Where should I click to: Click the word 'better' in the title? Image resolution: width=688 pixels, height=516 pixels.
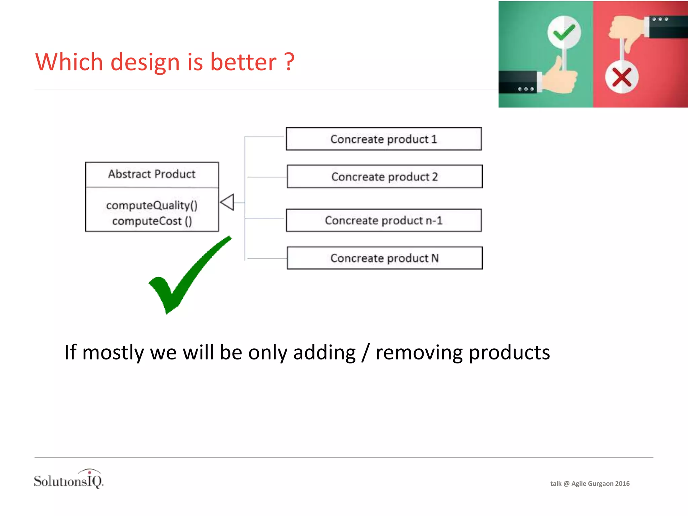tap(243, 62)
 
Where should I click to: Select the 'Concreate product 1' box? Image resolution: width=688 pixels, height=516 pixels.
tap(384, 139)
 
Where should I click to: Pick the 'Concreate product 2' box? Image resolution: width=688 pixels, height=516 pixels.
tap(384, 176)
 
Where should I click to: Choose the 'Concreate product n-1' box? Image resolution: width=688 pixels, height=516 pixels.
tap(384, 220)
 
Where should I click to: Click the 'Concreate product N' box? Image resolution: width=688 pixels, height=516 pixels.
tap(384, 258)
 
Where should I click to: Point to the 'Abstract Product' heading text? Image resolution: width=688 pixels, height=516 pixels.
tap(152, 174)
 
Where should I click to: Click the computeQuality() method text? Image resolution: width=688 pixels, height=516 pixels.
tap(152, 205)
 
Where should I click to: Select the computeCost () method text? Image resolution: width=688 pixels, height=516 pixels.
tap(152, 221)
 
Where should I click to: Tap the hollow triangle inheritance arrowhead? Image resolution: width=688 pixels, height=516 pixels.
tap(227, 202)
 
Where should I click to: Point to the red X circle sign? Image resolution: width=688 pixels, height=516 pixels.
tap(622, 77)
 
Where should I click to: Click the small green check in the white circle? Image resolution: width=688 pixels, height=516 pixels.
tap(564, 33)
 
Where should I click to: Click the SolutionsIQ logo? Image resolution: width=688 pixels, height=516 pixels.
tap(69, 480)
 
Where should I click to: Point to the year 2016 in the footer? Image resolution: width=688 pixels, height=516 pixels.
tap(622, 483)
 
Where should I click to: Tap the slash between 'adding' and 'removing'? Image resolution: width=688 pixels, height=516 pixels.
tap(365, 352)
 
